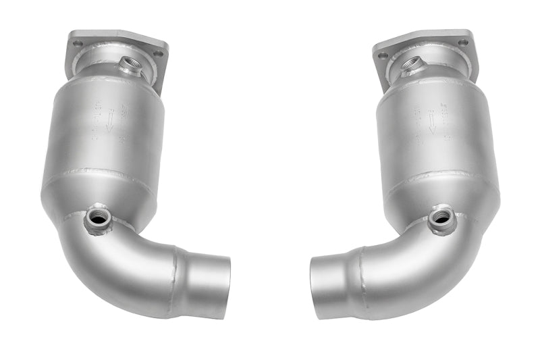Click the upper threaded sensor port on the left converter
pyautogui.click(x=129, y=66)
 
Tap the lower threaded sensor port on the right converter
pyautogui.click(x=443, y=217)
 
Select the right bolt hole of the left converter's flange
pyautogui.click(x=158, y=53)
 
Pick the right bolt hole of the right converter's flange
pyautogui.click(x=464, y=43)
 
